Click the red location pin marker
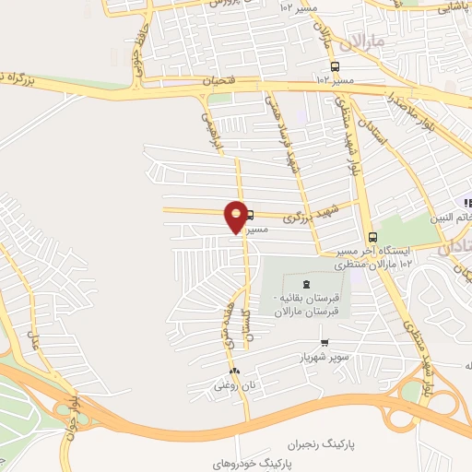coord(237,217)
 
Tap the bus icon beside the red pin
coord(250,215)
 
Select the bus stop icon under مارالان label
coord(334,66)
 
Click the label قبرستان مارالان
coord(307,312)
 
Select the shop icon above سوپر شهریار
coord(323,343)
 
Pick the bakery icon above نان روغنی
coord(234,372)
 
